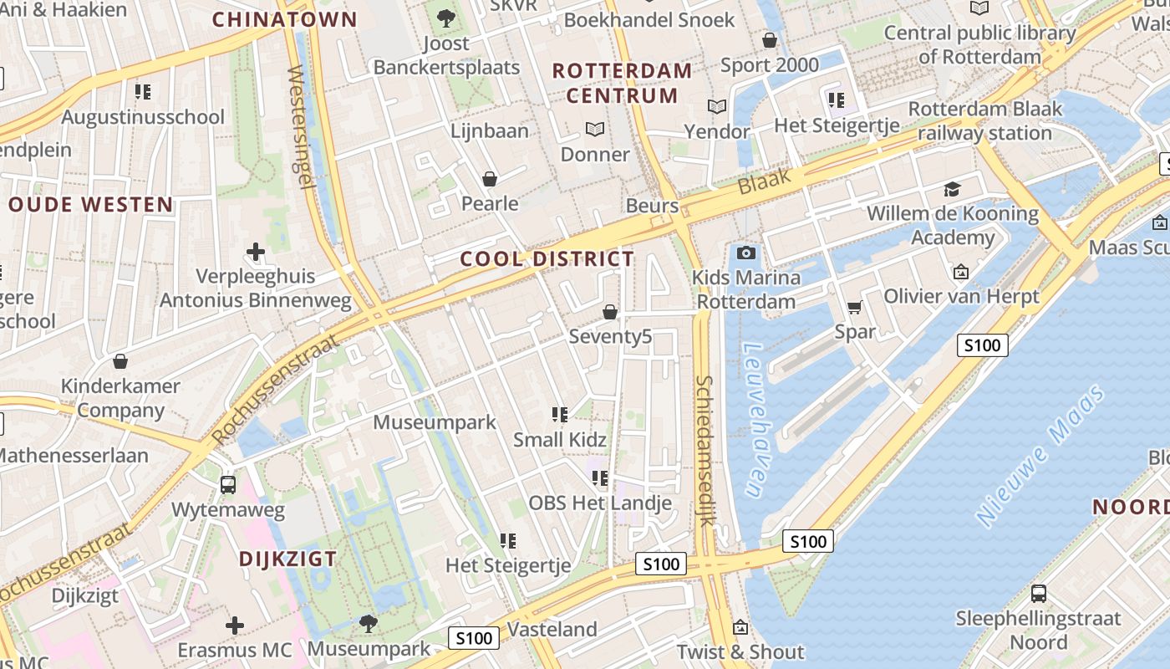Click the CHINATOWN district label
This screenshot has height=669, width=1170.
(284, 19)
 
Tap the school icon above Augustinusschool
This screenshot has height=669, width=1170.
(143, 91)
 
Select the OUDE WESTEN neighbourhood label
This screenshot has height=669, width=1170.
(90, 204)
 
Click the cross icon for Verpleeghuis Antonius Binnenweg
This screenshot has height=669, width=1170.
(256, 251)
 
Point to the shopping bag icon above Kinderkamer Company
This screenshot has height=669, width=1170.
(120, 361)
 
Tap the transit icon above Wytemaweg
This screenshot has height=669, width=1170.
(227, 484)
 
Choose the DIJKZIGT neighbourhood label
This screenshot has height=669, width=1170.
(288, 559)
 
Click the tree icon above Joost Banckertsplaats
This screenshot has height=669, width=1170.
(446, 17)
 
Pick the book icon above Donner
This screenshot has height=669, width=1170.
(595, 129)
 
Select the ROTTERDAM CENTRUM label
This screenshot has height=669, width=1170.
(623, 83)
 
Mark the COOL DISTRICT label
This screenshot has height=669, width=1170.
(547, 259)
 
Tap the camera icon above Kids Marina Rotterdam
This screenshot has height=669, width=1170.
(746, 253)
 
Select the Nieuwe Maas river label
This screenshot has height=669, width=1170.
(1040, 456)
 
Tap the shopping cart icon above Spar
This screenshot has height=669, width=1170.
(854, 308)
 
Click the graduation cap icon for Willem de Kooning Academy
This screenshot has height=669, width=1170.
(952, 189)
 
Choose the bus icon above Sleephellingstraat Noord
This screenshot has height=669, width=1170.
(1038, 594)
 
